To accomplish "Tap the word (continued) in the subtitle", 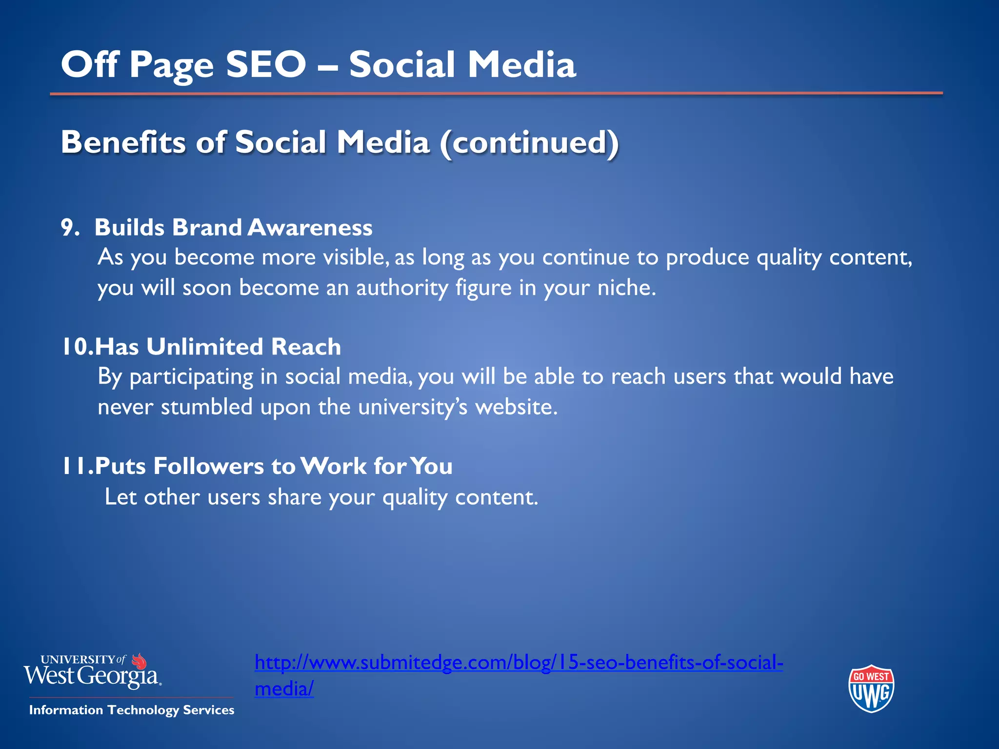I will (x=529, y=143).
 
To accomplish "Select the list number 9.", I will (x=70, y=228).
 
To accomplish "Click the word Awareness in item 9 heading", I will (x=310, y=228).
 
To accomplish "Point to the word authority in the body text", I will (x=402, y=288).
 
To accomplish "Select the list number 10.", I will (x=76, y=347).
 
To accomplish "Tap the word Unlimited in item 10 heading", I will (x=205, y=347).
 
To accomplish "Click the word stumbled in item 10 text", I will (x=206, y=407).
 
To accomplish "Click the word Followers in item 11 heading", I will (x=209, y=466).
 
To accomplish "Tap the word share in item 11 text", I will (x=294, y=497).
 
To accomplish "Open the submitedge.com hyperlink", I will (x=519, y=663).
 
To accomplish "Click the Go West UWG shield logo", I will (x=871, y=689).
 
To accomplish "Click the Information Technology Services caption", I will (x=132, y=710).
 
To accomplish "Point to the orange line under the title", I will (x=496, y=93).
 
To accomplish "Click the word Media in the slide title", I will (x=521, y=64).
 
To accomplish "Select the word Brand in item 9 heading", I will (x=207, y=228).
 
